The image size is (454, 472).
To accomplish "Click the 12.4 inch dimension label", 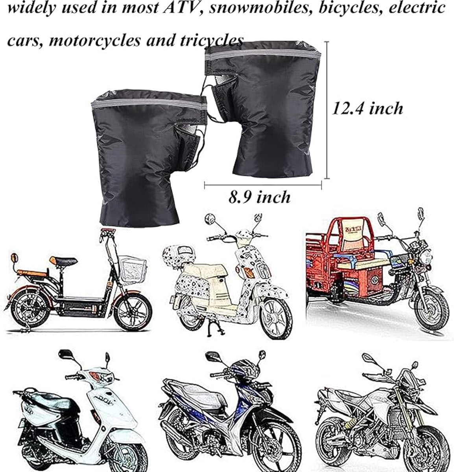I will coord(367,108).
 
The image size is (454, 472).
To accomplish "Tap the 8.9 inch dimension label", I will coord(259,196).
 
